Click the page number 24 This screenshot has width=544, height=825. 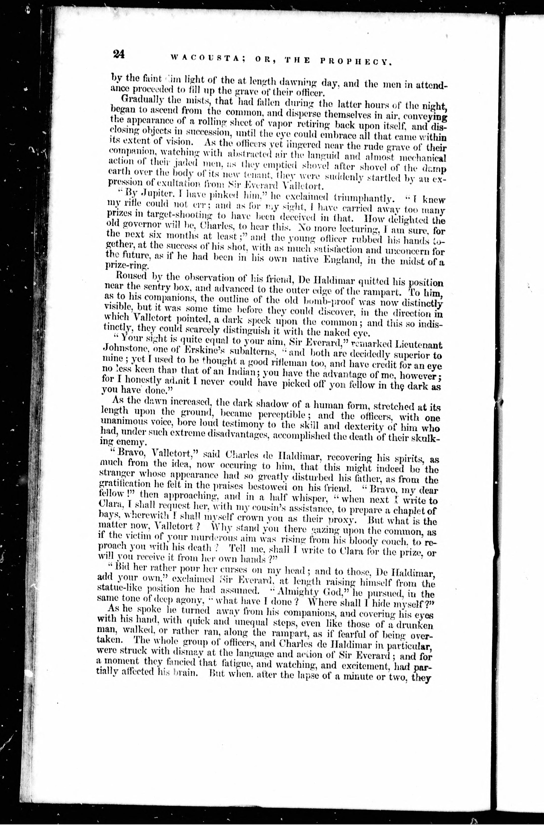pos(118,55)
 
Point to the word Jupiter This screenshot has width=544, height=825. pos(145,200)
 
